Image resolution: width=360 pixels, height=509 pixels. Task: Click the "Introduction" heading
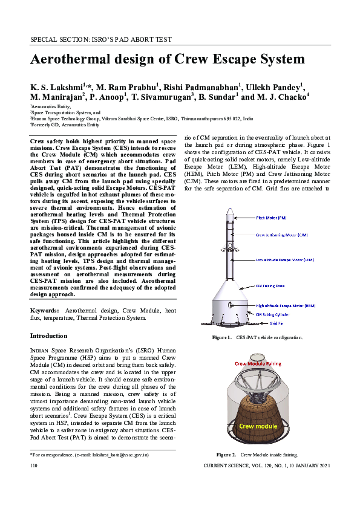coord(49,336)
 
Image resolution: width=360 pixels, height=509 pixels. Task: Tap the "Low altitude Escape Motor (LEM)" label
coord(285,259)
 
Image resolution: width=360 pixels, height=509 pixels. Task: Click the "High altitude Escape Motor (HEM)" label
coord(286,306)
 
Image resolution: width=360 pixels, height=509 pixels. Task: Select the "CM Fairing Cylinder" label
coord(278,315)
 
